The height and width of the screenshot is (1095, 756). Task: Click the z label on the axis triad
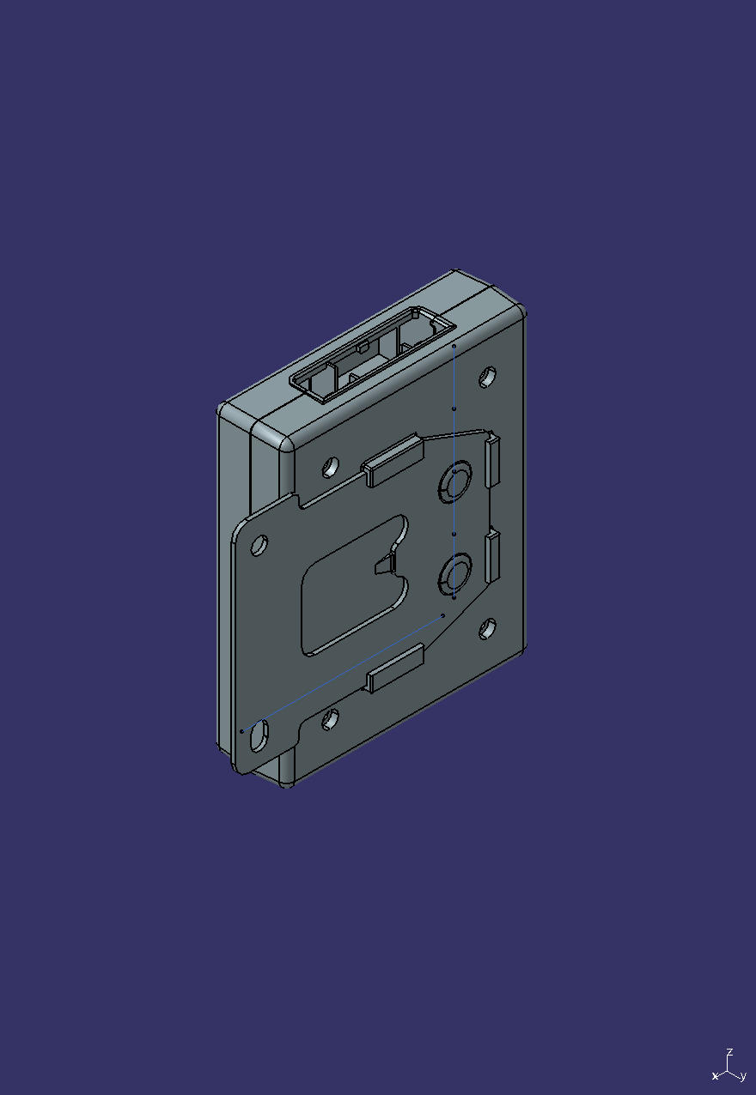[729, 1051]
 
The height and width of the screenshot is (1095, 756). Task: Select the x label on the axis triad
[715, 1076]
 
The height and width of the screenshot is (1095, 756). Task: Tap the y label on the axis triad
[742, 1076]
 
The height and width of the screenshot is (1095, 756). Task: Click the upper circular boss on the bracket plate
[454, 483]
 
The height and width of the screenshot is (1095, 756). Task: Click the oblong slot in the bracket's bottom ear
[259, 736]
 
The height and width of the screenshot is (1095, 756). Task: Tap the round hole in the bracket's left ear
[259, 544]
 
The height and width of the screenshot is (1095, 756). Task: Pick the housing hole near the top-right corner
[488, 376]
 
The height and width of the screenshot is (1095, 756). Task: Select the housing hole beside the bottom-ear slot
[330, 719]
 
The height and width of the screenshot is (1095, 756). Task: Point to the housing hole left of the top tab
[330, 467]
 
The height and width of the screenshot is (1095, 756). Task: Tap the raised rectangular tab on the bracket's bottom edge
[395, 669]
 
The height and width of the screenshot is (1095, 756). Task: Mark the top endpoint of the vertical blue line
[454, 347]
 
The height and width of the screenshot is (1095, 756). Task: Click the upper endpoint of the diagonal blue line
[442, 615]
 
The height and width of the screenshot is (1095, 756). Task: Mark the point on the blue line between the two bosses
[454, 534]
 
